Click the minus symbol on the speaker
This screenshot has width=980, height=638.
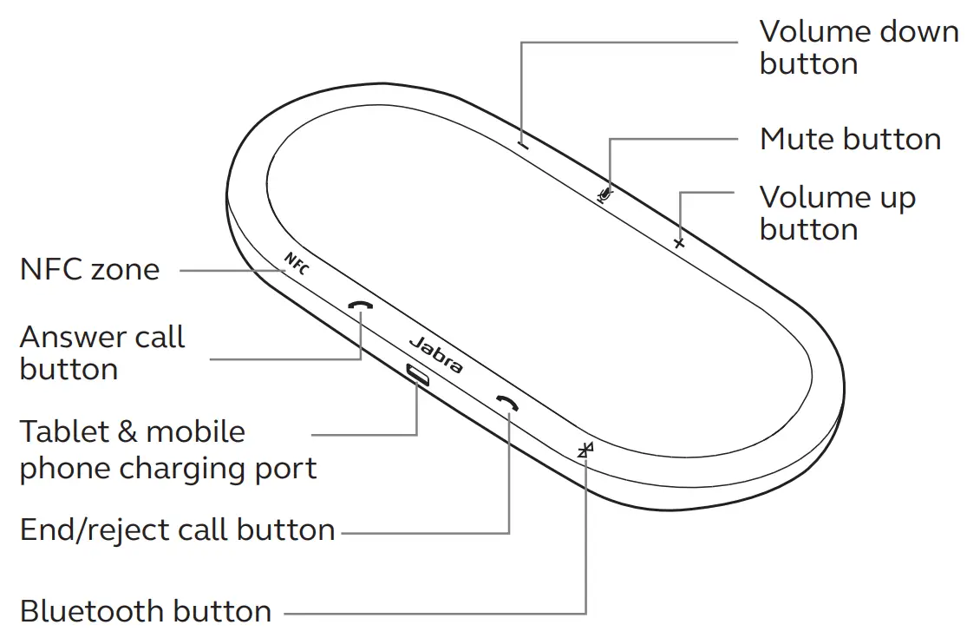(523, 144)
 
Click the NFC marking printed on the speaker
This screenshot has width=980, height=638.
(296, 262)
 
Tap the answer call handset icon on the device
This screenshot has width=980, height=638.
(360, 307)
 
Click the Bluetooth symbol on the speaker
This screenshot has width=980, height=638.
(586, 450)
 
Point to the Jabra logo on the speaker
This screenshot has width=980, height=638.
(434, 354)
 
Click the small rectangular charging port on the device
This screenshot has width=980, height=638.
(418, 375)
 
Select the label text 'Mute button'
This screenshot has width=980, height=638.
(850, 139)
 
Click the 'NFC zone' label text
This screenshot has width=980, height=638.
(89, 269)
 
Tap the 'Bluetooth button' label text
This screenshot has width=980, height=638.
(146, 611)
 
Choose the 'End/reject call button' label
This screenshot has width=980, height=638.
(177, 529)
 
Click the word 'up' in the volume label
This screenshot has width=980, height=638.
(897, 200)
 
